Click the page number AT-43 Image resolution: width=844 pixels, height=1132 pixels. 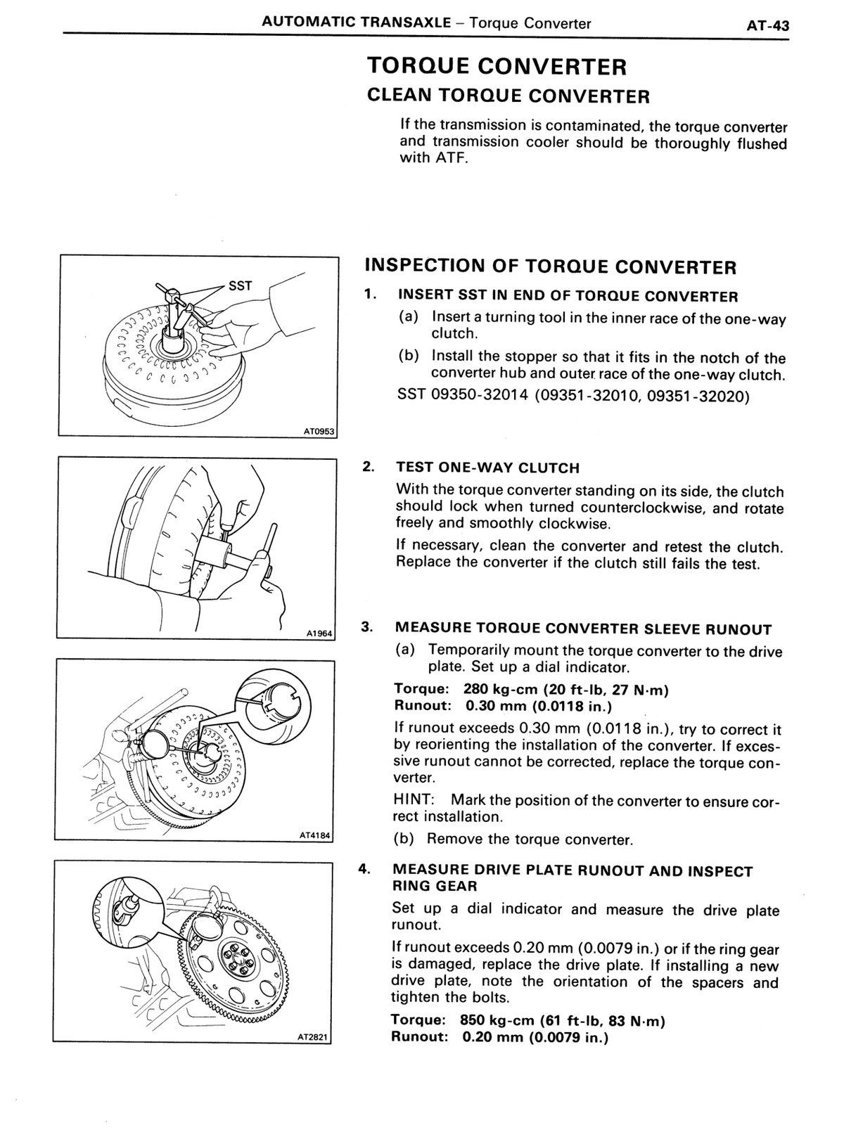[767, 25]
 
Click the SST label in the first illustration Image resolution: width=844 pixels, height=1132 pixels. [240, 285]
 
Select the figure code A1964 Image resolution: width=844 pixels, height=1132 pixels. [319, 633]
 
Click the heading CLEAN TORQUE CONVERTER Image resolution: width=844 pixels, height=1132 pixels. [508, 96]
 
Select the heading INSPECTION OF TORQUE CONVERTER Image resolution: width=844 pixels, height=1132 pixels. [551, 266]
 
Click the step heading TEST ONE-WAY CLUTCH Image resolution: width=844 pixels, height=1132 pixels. [488, 468]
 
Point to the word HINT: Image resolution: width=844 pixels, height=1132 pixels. [414, 800]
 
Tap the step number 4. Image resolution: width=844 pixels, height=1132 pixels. [364, 868]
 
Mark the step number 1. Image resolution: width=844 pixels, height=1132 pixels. [369, 294]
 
